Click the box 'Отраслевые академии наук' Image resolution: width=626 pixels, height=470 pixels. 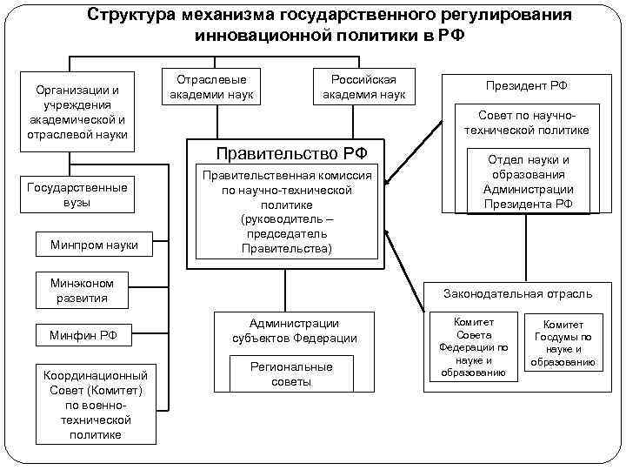point(212,86)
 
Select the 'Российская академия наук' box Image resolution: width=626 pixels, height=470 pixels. point(364,86)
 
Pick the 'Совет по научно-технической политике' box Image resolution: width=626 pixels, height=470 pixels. point(533,122)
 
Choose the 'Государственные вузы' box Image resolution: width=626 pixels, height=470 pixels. point(77,195)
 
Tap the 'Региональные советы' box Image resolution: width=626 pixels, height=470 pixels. point(291,374)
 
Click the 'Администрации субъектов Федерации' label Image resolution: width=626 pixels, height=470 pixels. point(294,331)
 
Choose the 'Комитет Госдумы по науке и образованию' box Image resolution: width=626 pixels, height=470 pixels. point(563,343)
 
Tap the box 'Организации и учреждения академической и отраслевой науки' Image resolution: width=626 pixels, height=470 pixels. point(77,111)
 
